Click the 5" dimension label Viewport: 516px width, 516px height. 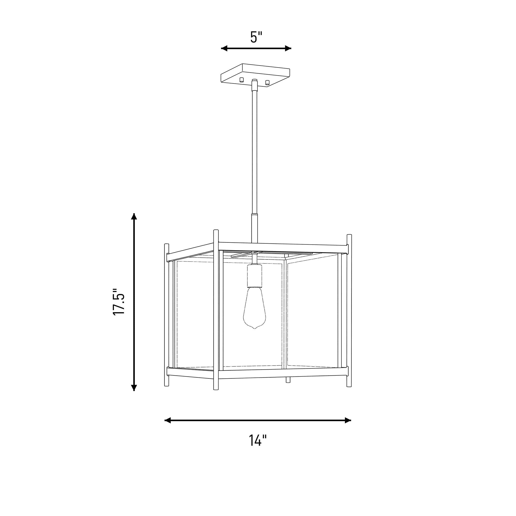coord(256,37)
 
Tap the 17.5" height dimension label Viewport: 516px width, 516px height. coord(119,302)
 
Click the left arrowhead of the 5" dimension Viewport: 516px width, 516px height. coord(224,48)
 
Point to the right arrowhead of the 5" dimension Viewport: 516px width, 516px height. coord(288,48)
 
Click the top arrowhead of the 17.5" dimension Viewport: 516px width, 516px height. coord(134,216)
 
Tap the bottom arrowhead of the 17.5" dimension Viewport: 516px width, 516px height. coord(134,388)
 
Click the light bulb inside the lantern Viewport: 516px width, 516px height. coord(254,307)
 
